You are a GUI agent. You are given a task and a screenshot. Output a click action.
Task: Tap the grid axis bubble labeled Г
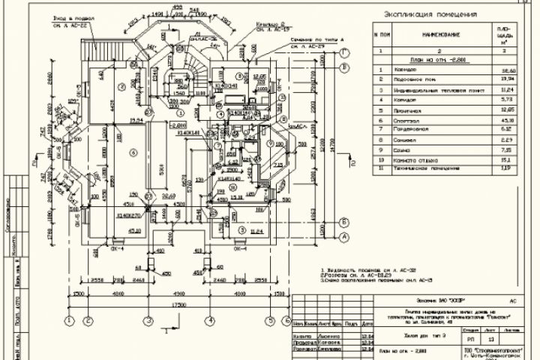click(343, 52)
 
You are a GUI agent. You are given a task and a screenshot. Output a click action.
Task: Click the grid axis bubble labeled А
click(343, 237)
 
